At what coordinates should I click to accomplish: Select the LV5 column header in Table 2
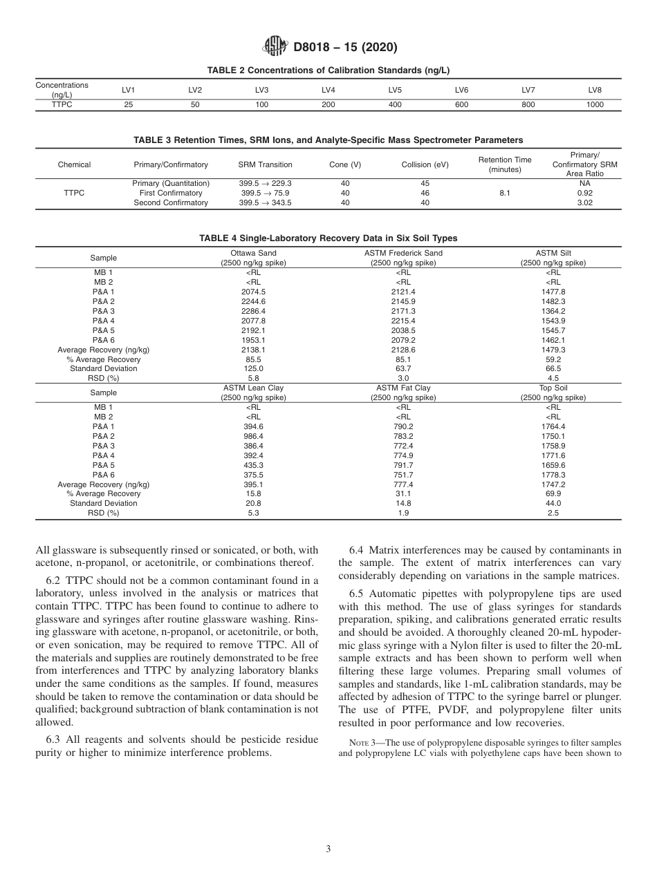[395, 90]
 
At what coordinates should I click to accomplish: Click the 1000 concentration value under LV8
[595, 105]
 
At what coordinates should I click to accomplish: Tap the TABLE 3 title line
[328, 140]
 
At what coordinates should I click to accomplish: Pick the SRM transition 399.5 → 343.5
[265, 203]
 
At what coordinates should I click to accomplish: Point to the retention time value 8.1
[505, 193]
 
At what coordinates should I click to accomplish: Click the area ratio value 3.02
[584, 203]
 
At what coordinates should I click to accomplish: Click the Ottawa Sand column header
[253, 258]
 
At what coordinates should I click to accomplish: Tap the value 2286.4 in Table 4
[253, 311]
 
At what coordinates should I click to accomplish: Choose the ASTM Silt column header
[553, 258]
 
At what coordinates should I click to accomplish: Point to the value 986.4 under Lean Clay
[253, 436]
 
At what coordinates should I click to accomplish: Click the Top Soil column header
[553, 393]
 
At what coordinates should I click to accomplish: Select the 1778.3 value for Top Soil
[553, 475]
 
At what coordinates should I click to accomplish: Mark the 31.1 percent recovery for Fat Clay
[403, 494]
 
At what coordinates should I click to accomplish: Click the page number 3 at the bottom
[328, 849]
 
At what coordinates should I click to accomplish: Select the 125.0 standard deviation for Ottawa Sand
[253, 369]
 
